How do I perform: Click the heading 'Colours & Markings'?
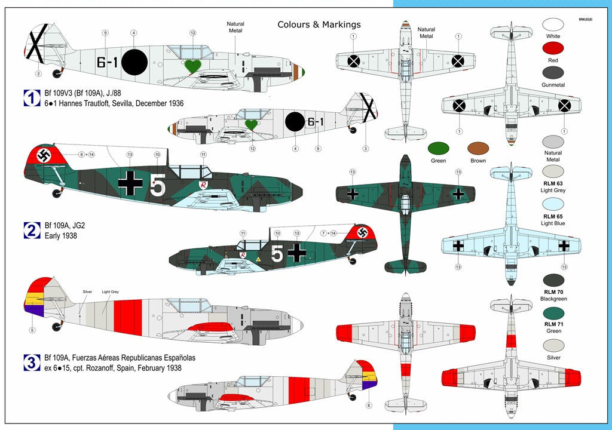point(319,24)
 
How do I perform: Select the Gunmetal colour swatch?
point(553,73)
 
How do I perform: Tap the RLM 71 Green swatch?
point(553,314)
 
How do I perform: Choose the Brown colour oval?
point(478,149)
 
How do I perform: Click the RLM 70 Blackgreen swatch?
point(553,281)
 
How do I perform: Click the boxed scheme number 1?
point(32,99)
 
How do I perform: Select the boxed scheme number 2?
point(32,230)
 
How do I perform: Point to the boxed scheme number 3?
point(32,362)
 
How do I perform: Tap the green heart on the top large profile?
point(192,66)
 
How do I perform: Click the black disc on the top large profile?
point(134,62)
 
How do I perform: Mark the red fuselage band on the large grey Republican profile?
point(127,317)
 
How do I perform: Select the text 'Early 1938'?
point(61,235)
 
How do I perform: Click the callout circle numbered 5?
point(32,329)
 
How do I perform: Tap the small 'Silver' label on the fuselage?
point(88,291)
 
